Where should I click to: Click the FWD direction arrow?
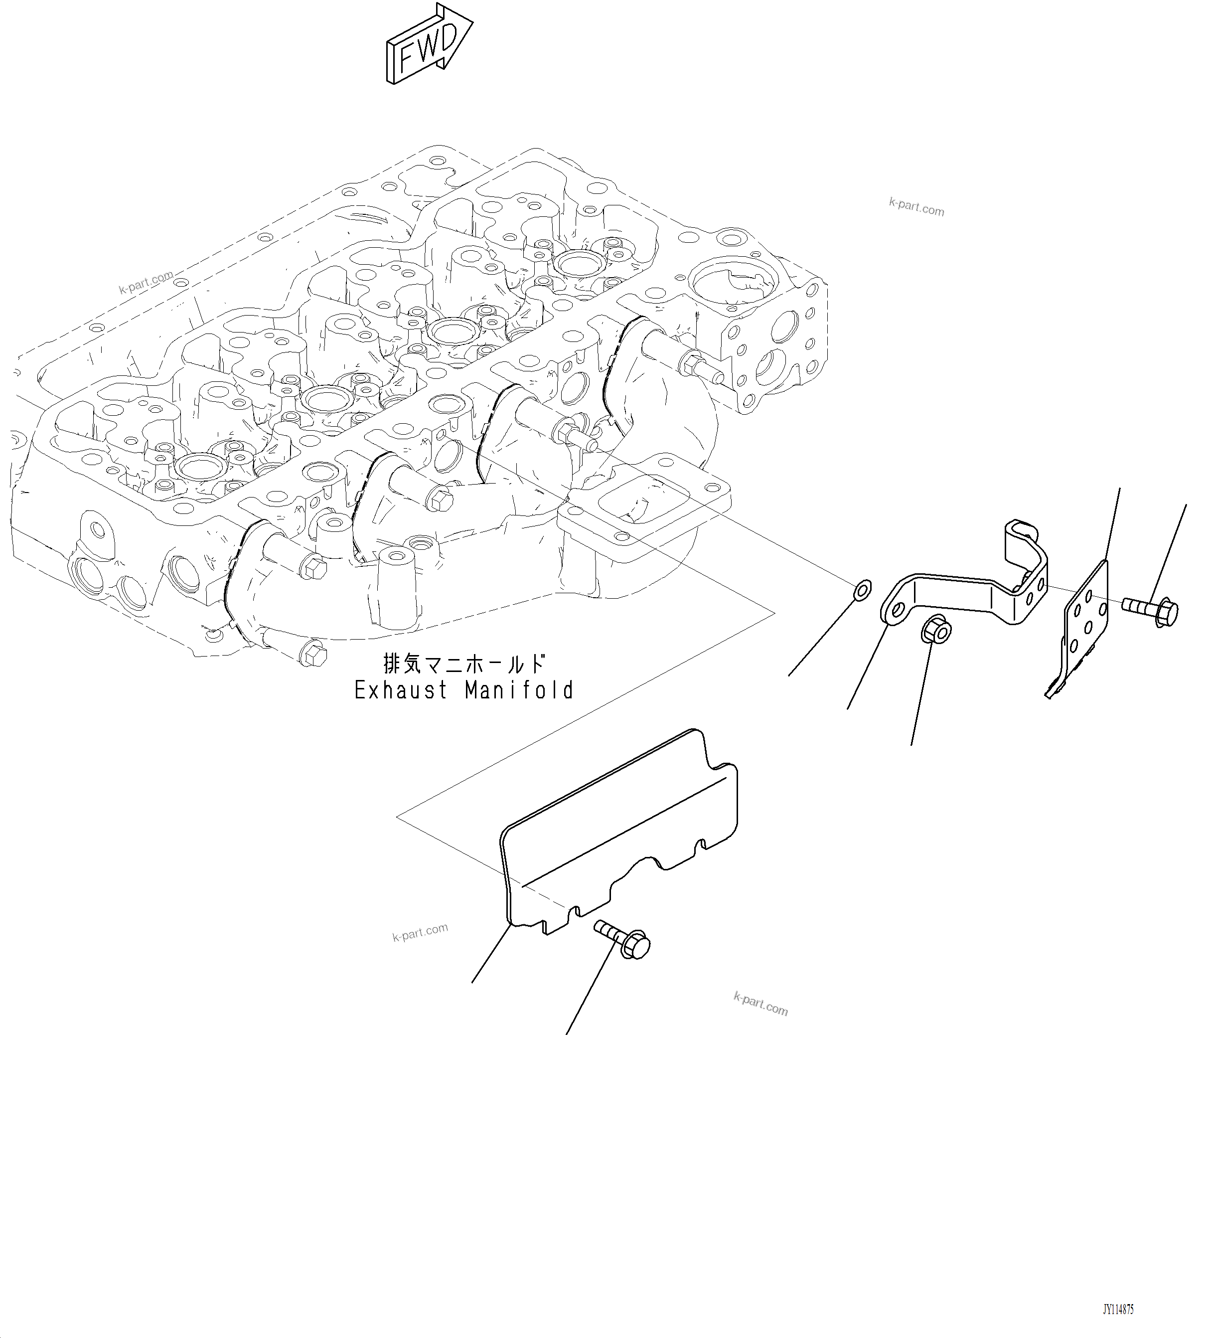[x=428, y=45]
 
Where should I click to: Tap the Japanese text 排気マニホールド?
[x=464, y=663]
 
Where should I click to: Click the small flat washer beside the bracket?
[x=861, y=589]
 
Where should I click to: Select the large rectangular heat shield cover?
[x=617, y=830]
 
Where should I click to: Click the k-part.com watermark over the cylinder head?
[x=146, y=282]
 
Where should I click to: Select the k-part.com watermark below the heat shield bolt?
[x=760, y=1004]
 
